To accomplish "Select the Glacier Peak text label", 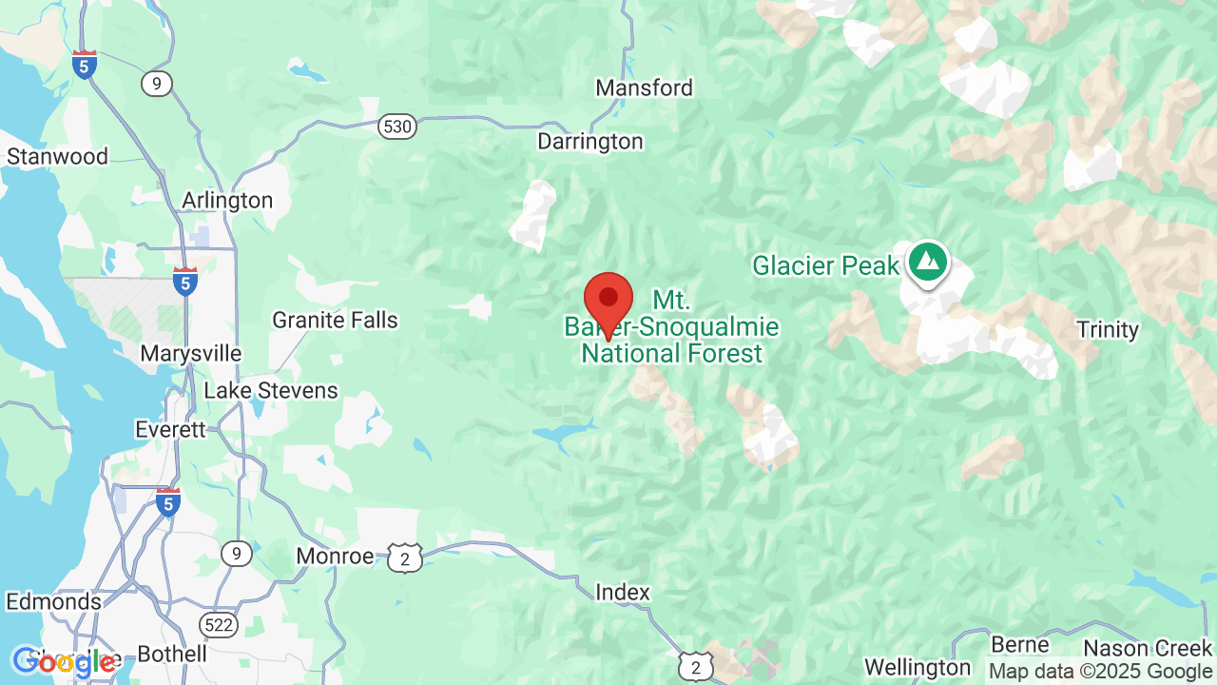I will coord(825,265).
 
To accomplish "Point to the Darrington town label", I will coord(590,142).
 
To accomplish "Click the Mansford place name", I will coord(644,88).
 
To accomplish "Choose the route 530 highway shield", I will coord(396,126).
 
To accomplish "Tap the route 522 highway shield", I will coord(218,624).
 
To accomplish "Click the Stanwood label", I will coord(57,156).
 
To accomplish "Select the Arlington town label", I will coord(227,201).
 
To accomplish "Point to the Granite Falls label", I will coord(335,320).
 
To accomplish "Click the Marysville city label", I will coord(190,354).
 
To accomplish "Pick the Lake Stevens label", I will coord(271,391).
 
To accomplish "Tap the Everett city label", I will coord(170,430).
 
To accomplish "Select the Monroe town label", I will coord(335,557).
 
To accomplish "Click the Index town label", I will coord(623,593).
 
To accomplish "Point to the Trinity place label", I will coord(1108,330).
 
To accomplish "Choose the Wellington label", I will coord(918,667).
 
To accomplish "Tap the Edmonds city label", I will coord(53,602).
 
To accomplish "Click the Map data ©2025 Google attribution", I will coord(1100,672).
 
